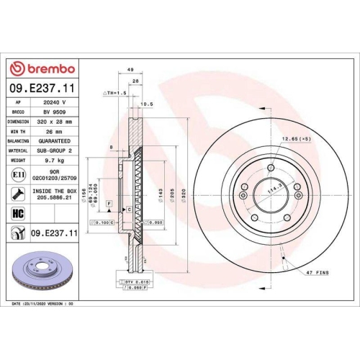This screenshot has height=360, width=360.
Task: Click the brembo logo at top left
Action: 40,68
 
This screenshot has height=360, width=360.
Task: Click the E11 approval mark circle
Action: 18,175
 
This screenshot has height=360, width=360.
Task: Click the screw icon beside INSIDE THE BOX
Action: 18,193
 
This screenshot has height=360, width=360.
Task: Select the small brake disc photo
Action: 40,269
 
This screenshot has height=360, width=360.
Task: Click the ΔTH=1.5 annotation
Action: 115,94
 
